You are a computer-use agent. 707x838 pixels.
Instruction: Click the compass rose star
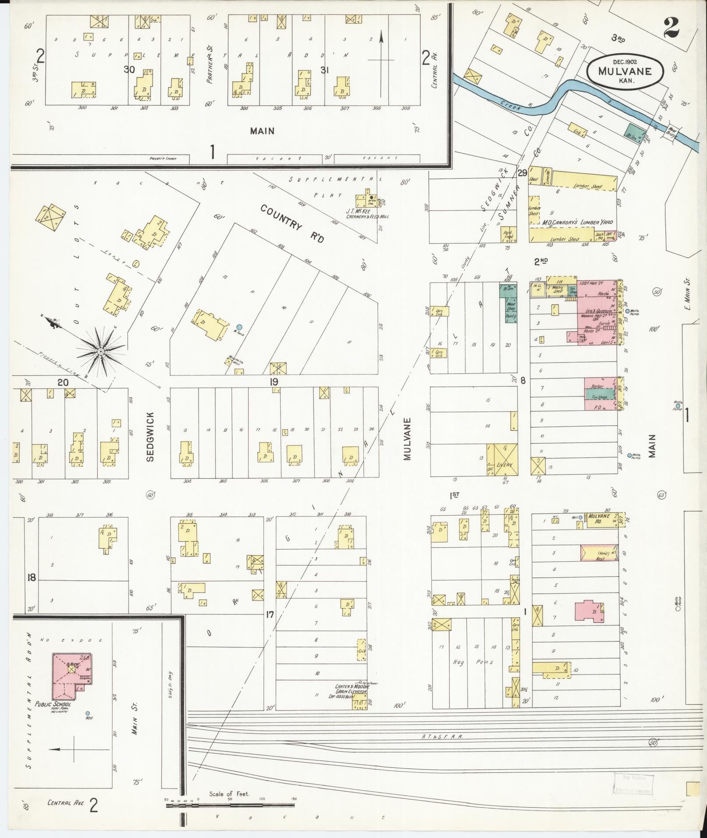pos(101,351)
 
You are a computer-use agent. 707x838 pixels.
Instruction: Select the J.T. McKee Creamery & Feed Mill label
pos(367,213)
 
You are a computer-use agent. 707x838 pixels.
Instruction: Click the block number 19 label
pos(274,382)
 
